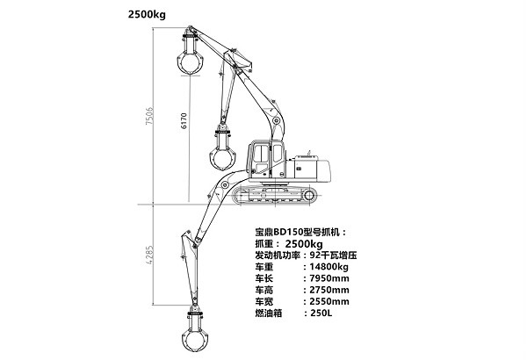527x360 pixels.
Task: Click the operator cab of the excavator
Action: (267, 159)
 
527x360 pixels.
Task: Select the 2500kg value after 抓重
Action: (312, 243)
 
